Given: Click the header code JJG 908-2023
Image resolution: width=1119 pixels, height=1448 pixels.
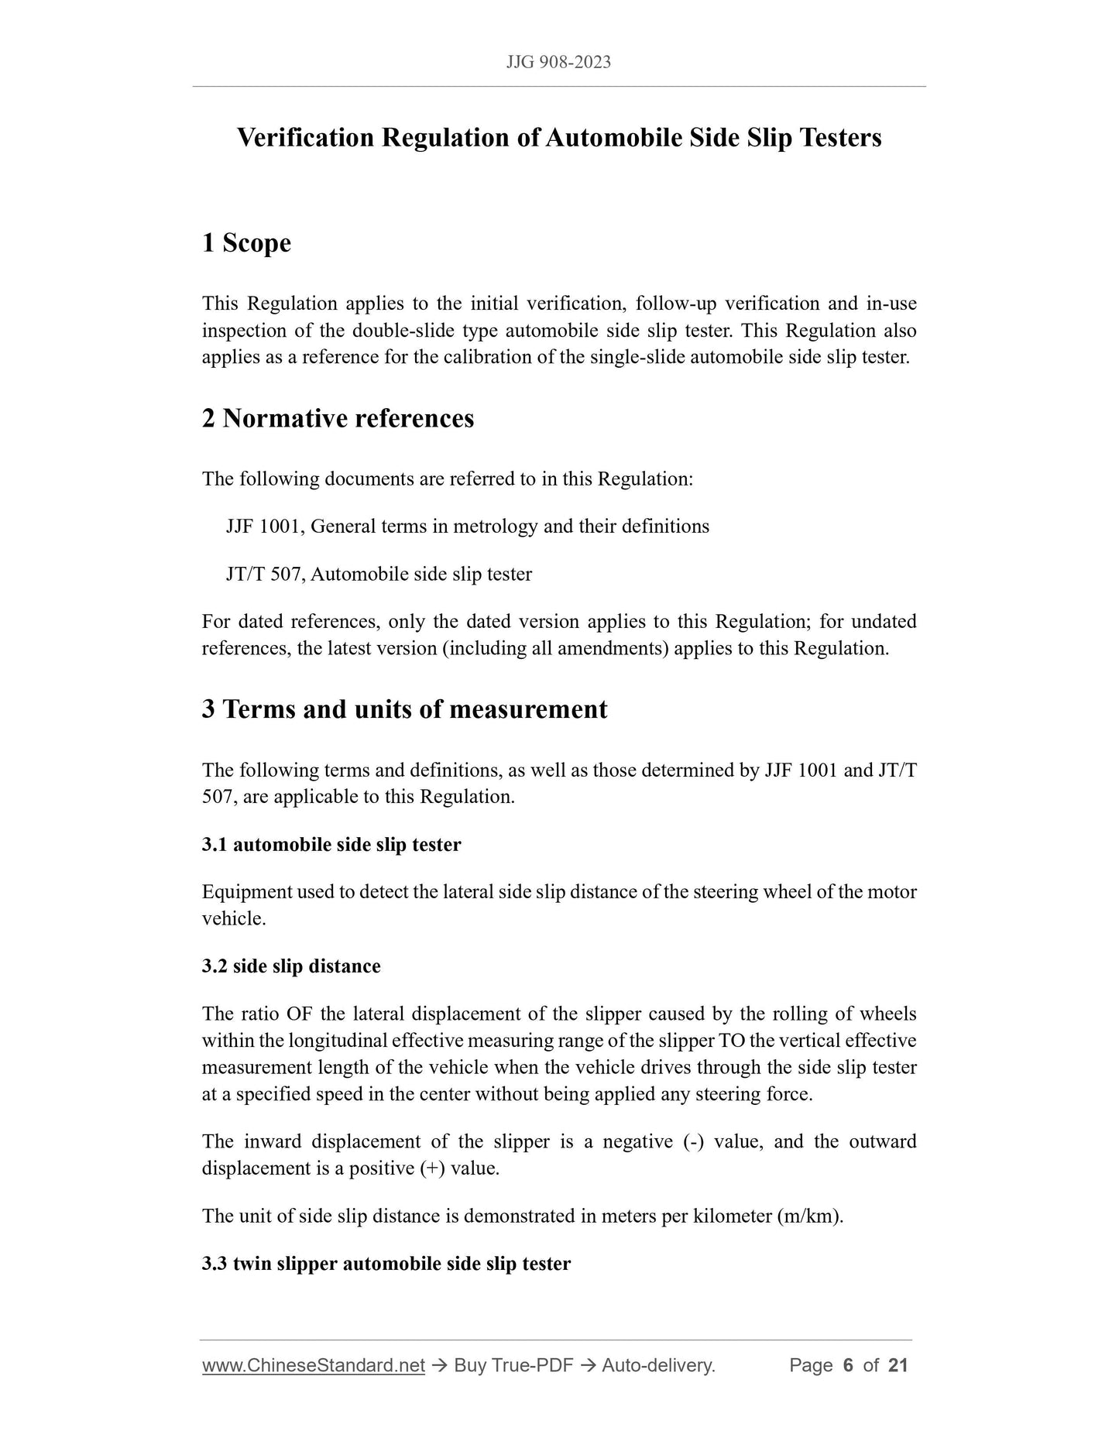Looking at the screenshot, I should (558, 63).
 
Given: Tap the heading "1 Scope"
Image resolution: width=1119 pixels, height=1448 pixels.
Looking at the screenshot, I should (246, 243).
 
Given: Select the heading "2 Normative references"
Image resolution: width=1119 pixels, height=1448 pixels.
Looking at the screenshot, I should (338, 418).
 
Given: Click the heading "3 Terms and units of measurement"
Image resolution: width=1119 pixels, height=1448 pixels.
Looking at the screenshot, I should (404, 709).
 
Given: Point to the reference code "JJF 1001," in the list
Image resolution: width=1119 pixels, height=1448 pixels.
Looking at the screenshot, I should (266, 527).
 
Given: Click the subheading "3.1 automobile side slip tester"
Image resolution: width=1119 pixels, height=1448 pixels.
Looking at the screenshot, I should (331, 844).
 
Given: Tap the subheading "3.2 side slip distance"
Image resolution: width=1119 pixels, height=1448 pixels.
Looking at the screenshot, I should (291, 966).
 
